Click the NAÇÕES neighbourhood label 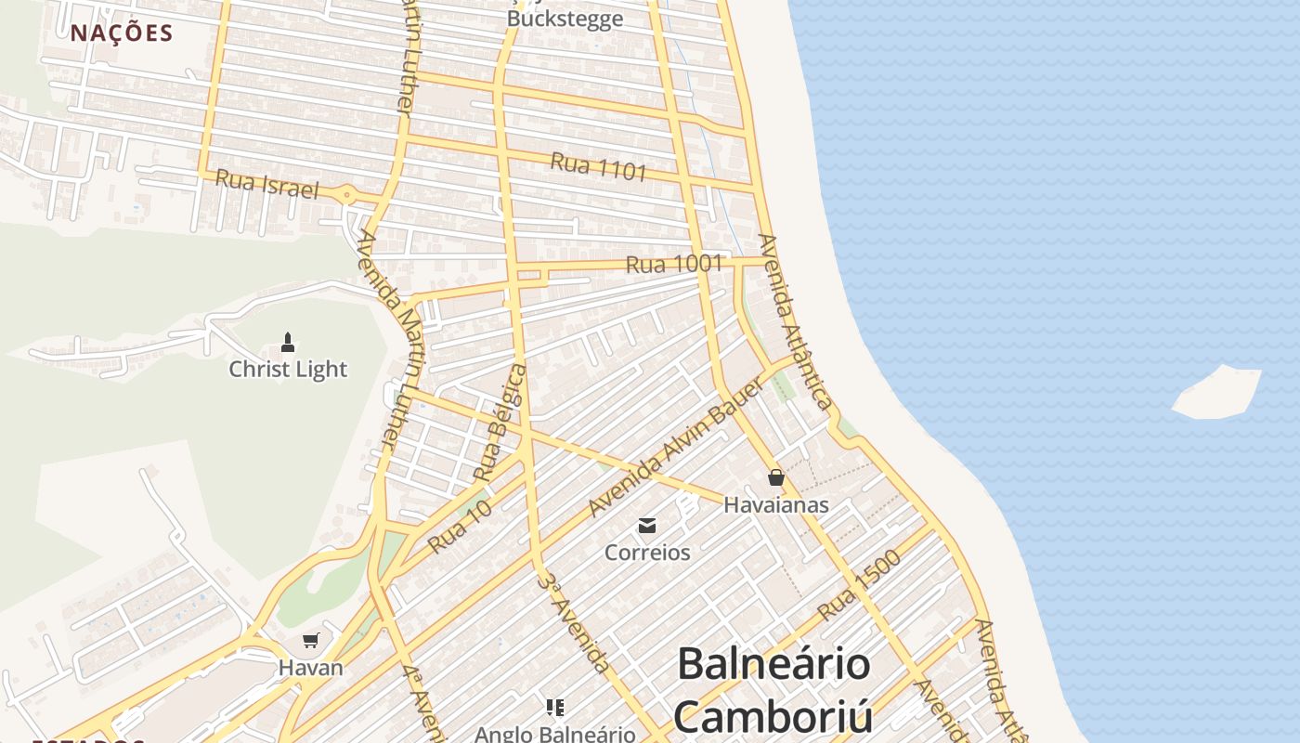[122, 33]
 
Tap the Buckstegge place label [565, 20]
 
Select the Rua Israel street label [266, 184]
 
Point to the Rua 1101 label [598, 167]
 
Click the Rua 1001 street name [673, 265]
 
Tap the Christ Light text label [288, 370]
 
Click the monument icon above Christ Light [288, 342]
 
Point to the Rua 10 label [460, 528]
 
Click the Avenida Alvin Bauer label [675, 448]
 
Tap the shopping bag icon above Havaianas [776, 478]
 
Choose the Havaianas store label [776, 506]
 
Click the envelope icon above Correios [647, 527]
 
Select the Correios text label [647, 554]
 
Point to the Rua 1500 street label [859, 586]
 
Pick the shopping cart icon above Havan [311, 640]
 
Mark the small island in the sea [1217, 391]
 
